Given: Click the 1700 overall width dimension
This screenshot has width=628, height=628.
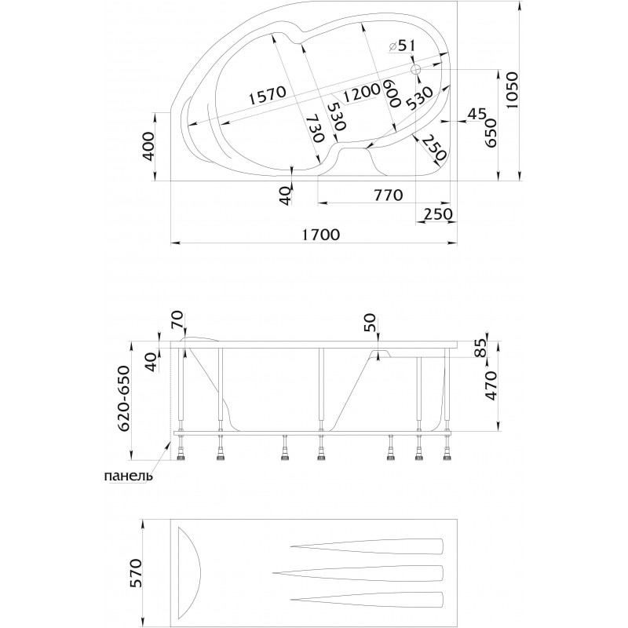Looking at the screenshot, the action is coord(320,234).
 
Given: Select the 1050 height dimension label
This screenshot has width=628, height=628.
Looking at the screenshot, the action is coord(512,90).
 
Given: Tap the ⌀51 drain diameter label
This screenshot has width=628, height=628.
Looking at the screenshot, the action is coord(402,46).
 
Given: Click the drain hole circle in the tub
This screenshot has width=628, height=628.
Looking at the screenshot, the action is coord(416,70).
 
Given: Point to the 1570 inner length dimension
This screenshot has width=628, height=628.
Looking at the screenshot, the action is coord(267,95).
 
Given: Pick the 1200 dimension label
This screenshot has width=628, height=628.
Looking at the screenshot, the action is coord(361,93).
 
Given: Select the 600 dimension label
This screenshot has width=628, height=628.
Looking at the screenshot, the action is coord(392,93).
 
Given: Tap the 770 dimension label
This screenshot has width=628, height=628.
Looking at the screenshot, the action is coord(388,195).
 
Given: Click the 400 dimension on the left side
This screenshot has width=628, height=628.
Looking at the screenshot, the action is coord(148,146).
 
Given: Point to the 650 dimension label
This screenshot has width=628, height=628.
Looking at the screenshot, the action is coord(491,133).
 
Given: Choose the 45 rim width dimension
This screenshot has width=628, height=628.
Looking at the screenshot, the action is coord(476,114).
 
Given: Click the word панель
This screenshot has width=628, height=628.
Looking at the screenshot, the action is coord(128,476).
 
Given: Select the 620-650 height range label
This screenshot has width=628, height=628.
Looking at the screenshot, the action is coord(125,398).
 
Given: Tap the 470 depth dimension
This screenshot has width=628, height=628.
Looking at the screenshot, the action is coord(491,385).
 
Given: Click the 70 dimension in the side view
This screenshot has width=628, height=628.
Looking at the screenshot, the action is coord(178,319).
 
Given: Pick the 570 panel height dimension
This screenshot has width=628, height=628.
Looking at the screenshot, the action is coord(136,573).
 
